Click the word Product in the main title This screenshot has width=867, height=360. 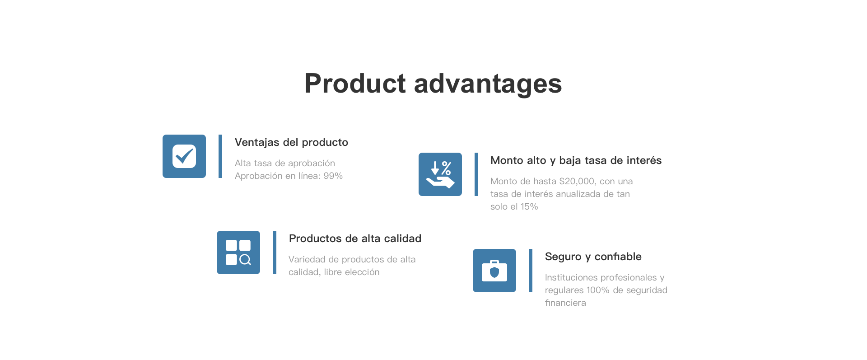pos(355,84)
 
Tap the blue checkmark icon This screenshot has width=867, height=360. pos(184,156)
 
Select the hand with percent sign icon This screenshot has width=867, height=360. pos(440,174)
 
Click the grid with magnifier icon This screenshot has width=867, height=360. pos(238,252)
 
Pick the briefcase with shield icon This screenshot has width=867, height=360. pos(494,271)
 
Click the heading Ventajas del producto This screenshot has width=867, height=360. pos(291,143)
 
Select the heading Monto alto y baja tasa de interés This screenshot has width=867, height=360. pos(576,161)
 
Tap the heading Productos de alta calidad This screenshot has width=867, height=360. pos(355,238)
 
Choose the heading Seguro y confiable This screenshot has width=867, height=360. pos(593,257)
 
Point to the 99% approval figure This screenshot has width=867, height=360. pos(333,176)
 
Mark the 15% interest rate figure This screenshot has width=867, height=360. pos(529,207)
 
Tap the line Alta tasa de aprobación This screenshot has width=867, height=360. pos(285,164)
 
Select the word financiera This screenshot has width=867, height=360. pos(565,303)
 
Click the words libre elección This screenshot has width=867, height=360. pos(352,272)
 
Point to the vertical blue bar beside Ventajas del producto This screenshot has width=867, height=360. pos(220,156)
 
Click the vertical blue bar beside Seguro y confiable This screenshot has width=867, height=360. pos(531,271)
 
